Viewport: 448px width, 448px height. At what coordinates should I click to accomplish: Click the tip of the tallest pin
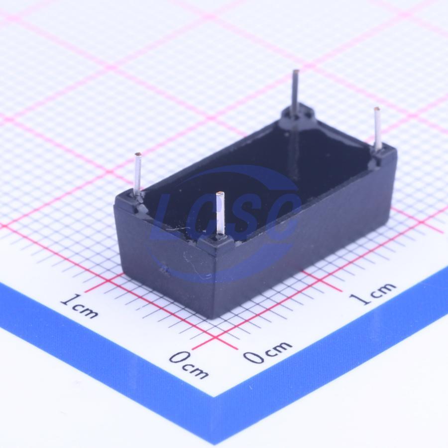point(297,71)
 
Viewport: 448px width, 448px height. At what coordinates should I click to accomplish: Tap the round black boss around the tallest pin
point(298,116)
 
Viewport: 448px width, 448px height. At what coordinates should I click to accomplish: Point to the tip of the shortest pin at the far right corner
point(377,109)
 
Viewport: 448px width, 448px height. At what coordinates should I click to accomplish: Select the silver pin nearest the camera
point(220,214)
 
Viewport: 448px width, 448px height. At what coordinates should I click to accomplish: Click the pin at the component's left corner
point(138,174)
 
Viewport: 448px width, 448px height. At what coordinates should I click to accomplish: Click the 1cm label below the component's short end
point(80,306)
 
